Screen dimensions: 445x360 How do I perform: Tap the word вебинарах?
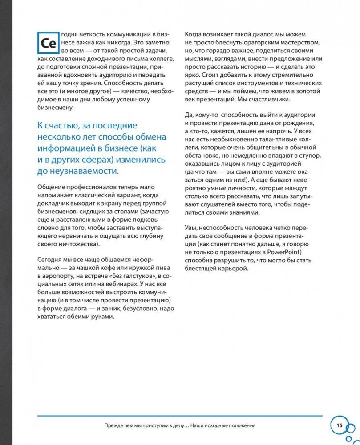coord(109,285)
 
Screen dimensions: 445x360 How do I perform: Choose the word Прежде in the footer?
coord(112,425)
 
